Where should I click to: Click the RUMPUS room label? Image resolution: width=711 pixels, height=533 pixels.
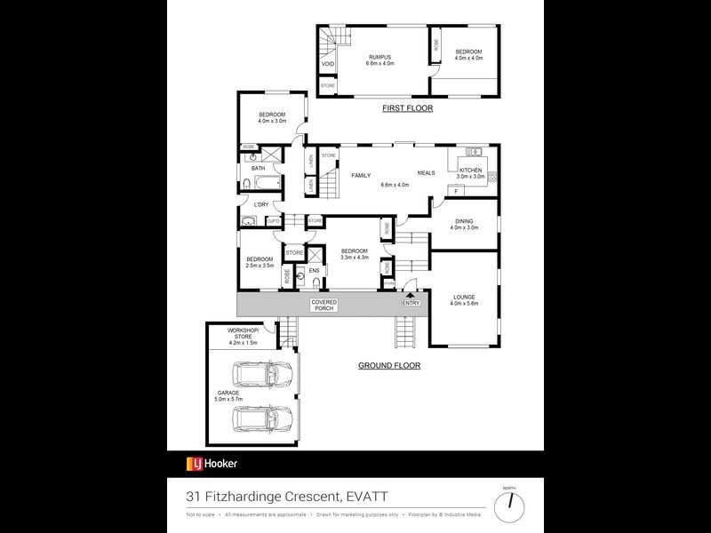(379, 59)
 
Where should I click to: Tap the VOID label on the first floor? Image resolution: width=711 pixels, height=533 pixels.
(327, 64)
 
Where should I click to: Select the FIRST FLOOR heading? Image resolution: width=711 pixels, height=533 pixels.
(407, 108)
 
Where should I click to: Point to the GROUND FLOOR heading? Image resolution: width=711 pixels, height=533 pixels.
(389, 365)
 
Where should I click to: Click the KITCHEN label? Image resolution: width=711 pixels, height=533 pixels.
(471, 170)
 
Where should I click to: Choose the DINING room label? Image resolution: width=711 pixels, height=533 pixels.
(464, 221)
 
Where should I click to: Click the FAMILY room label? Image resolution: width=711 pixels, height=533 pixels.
(360, 175)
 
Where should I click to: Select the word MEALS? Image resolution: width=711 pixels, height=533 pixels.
(427, 173)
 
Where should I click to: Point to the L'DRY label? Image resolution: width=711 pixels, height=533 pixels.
(260, 205)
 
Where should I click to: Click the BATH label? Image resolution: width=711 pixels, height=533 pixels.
(258, 168)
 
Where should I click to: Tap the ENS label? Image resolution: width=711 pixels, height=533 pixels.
(314, 269)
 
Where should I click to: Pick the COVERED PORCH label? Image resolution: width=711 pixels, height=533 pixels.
(323, 305)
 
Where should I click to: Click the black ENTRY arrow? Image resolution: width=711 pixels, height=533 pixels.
(411, 295)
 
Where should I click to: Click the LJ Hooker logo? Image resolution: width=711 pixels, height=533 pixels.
(211, 463)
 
